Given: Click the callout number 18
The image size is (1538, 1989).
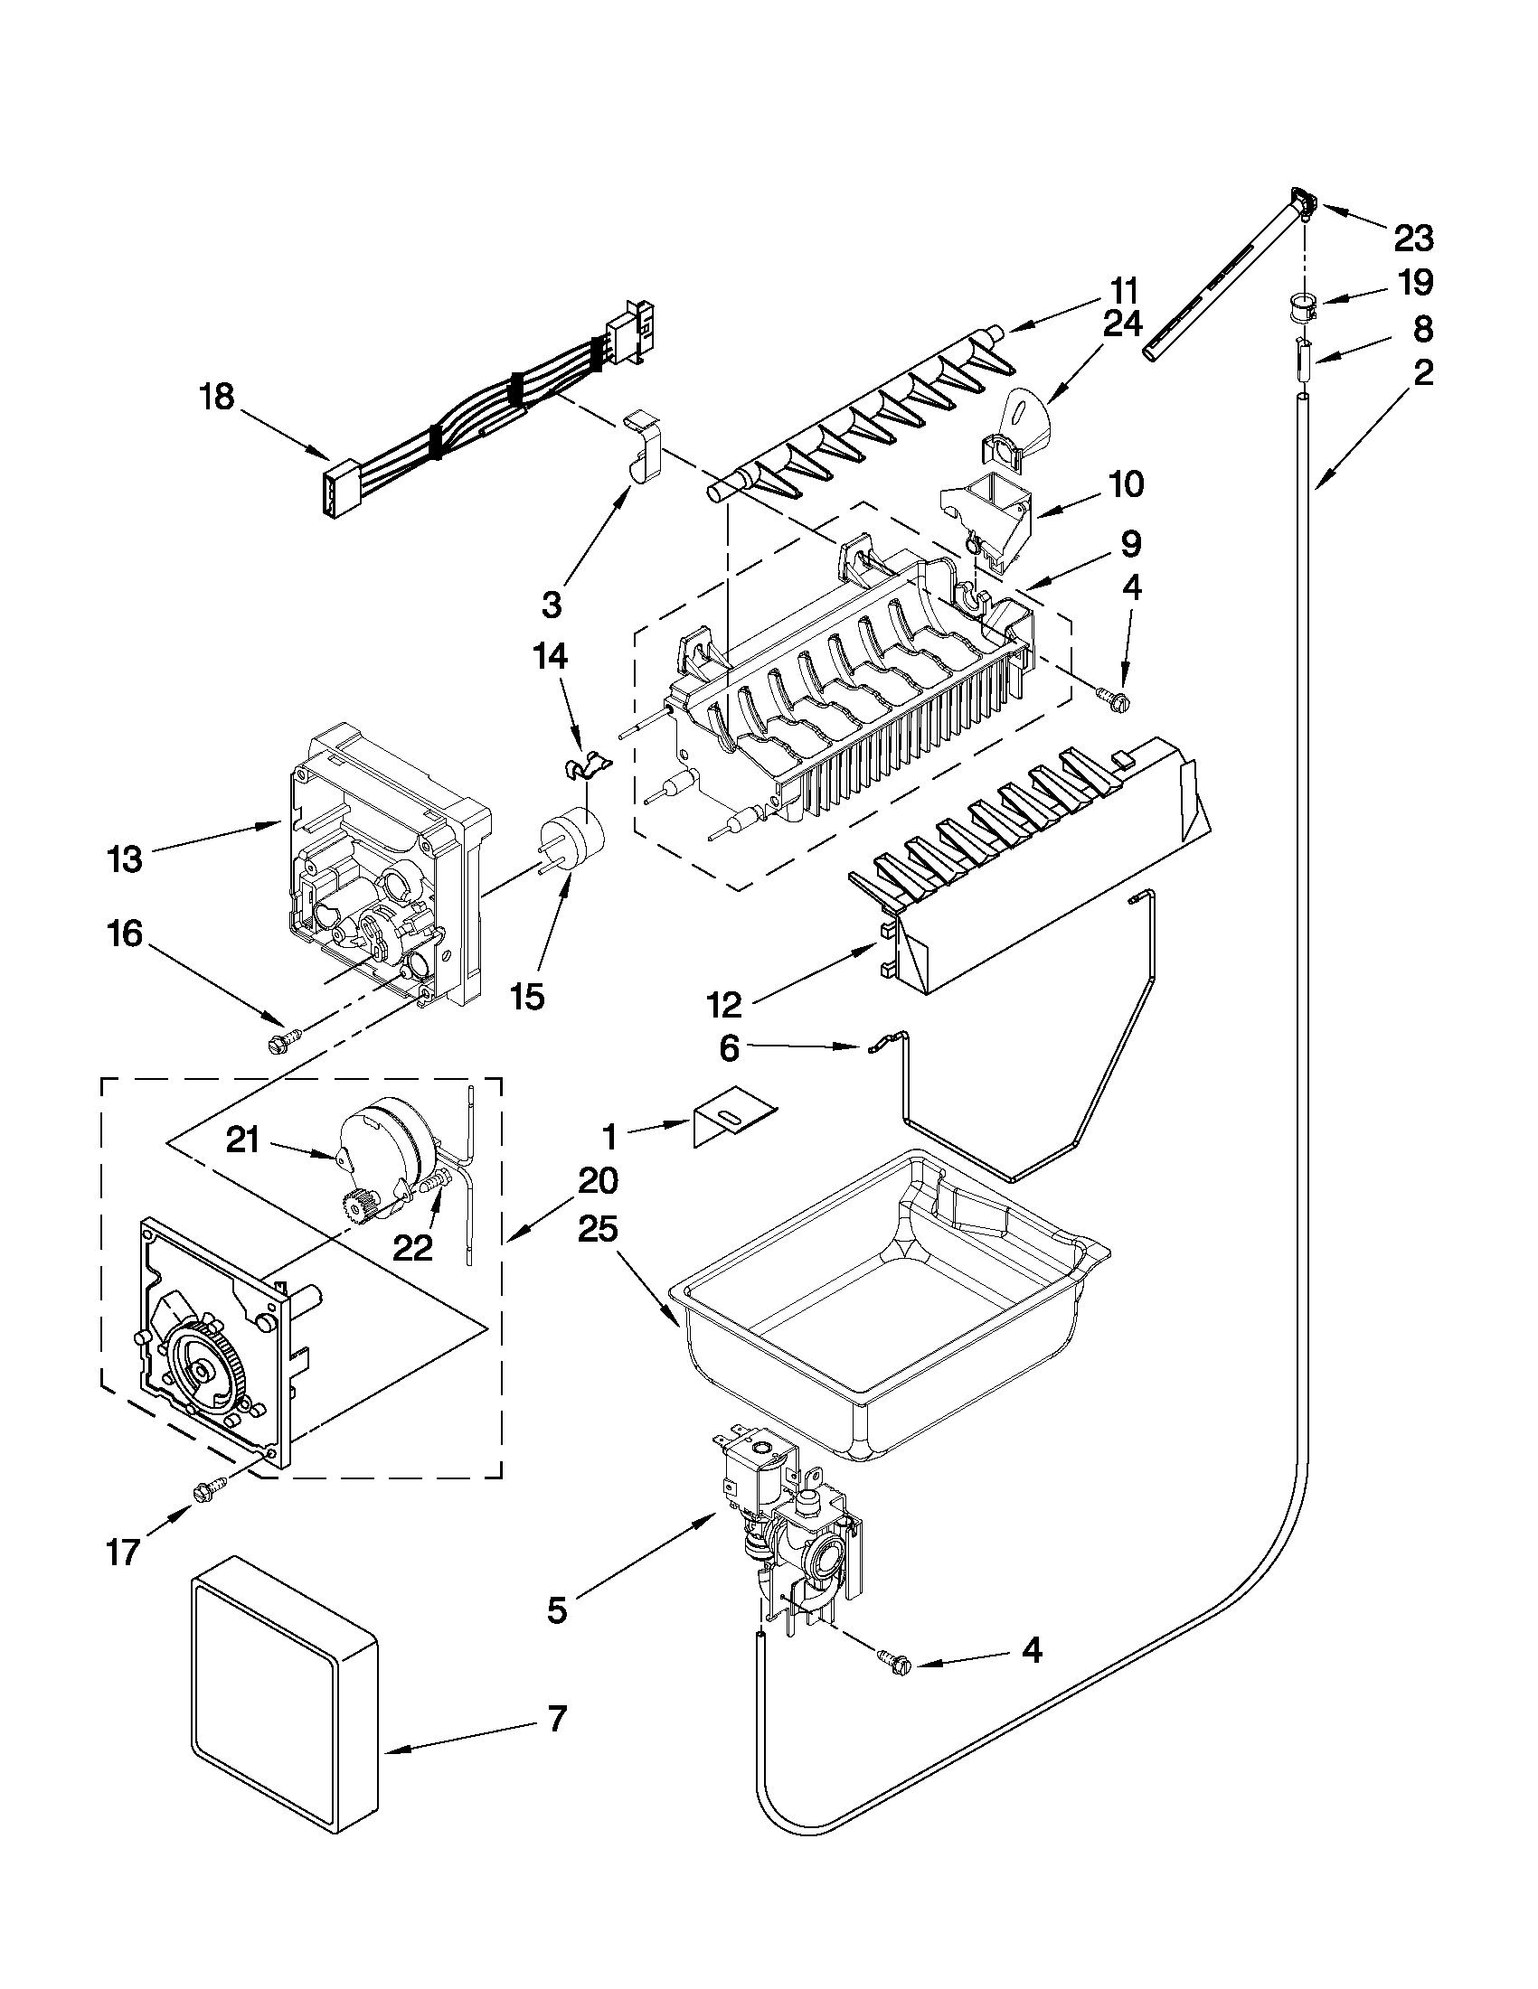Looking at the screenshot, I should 218,397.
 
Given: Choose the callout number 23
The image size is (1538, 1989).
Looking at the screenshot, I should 1413,239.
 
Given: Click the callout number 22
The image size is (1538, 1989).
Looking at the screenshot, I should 411,1247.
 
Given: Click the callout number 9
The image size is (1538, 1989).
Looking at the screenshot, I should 1130,545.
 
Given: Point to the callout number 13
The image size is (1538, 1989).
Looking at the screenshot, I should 125,858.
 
